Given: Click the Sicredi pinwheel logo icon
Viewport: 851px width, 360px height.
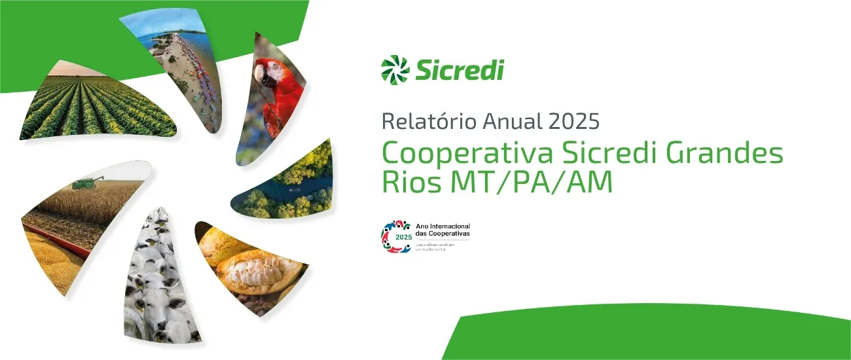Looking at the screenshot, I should coord(395,69).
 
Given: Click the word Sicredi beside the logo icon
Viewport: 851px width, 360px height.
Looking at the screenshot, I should coord(459,69).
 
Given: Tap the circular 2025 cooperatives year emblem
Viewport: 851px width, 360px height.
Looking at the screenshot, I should coord(395,236).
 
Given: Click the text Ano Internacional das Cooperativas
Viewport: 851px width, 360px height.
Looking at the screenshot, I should coord(443,230).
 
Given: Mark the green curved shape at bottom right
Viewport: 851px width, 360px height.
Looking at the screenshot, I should coord(655,334).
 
